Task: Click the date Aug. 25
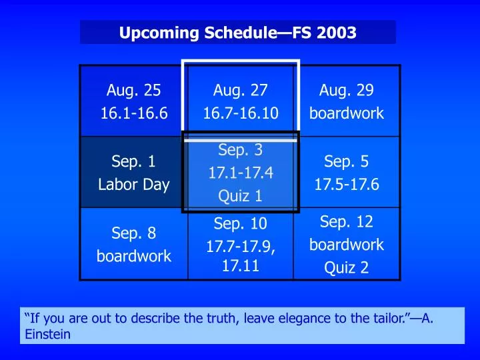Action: (x=133, y=90)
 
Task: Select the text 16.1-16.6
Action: (x=133, y=113)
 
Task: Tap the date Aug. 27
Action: (x=240, y=90)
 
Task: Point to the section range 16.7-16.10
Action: (x=240, y=113)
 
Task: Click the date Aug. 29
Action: (x=347, y=90)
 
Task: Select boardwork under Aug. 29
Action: (x=347, y=113)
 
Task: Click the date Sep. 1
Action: (x=133, y=161)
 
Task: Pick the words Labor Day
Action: (x=133, y=185)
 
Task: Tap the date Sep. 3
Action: (x=240, y=150)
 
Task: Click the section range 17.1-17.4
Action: (x=240, y=173)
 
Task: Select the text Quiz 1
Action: (x=240, y=196)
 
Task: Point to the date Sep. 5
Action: (x=347, y=161)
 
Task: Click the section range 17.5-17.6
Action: (x=347, y=185)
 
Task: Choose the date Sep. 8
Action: (x=133, y=233)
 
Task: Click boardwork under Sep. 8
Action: (x=133, y=256)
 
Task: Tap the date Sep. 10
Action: (x=240, y=223)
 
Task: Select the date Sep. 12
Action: (x=347, y=221)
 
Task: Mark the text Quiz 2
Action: (x=347, y=268)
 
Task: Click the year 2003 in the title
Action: (x=336, y=32)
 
